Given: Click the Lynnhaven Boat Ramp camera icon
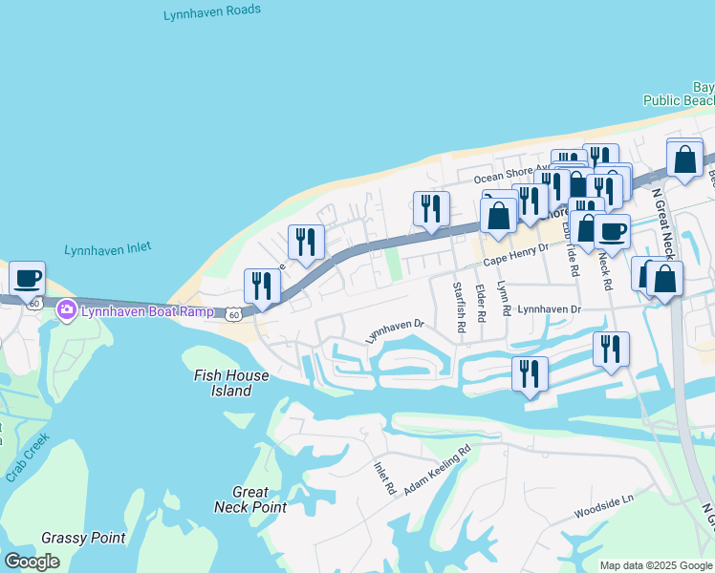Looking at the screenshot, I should tap(66, 309).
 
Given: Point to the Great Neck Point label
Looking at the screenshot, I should tap(250, 499).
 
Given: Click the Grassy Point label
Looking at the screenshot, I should tap(84, 538).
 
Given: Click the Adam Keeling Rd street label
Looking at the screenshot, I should tap(438, 471).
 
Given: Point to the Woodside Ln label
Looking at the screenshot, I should tap(604, 506).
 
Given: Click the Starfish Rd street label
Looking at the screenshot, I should tap(460, 306).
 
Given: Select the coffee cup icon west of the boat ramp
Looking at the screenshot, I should tap(28, 278).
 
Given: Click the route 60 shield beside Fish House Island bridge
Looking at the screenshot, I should tap(234, 313).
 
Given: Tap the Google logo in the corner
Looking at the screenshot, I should tap(32, 562).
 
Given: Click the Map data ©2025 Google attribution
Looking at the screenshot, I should tap(656, 565).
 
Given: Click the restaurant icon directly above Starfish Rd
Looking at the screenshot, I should tap(431, 209).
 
